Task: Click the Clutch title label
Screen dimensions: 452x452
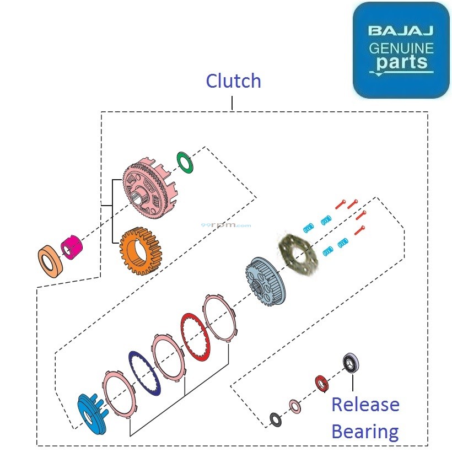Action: tap(233, 81)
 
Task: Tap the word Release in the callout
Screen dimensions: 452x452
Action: tap(365, 405)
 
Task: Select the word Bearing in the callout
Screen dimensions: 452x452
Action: tap(365, 431)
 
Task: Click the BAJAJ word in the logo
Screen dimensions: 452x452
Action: tap(401, 30)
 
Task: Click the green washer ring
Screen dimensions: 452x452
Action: tap(186, 162)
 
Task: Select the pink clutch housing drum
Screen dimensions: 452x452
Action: tap(147, 185)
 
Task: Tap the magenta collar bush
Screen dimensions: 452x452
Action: tap(71, 246)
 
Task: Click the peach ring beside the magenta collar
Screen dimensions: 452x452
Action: tap(50, 261)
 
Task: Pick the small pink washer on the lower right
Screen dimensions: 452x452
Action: tap(295, 407)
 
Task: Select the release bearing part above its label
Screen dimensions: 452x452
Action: tap(351, 363)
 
